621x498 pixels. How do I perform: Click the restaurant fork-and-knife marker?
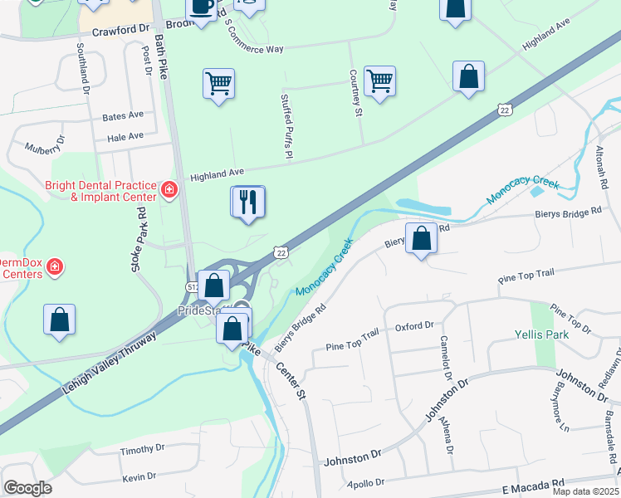(x=247, y=202)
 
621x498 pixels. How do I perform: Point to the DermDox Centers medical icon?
(x=55, y=267)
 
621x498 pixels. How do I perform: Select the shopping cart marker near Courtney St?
(x=379, y=81)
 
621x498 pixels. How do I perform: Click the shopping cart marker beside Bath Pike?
(x=218, y=83)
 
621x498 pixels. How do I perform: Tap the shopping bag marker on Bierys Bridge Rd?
(x=422, y=238)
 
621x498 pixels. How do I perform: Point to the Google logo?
(x=27, y=488)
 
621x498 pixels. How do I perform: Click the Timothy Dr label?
(x=142, y=450)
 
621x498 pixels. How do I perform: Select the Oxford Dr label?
(x=415, y=327)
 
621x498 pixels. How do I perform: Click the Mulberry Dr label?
(x=43, y=149)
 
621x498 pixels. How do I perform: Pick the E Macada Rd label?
(x=533, y=483)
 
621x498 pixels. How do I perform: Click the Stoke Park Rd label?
(x=139, y=241)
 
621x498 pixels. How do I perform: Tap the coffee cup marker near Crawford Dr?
(x=200, y=7)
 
